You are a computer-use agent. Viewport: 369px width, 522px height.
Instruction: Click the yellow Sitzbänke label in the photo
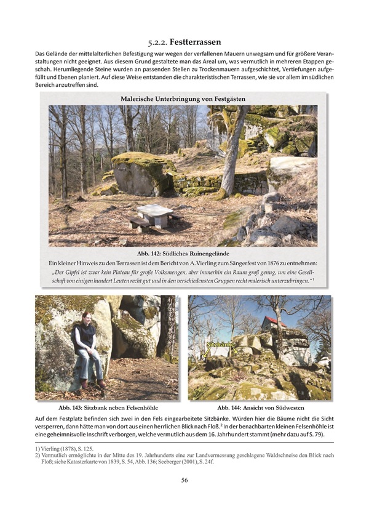click(x=221, y=345)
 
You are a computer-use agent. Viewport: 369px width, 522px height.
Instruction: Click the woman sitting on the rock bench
click(x=87, y=354)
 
